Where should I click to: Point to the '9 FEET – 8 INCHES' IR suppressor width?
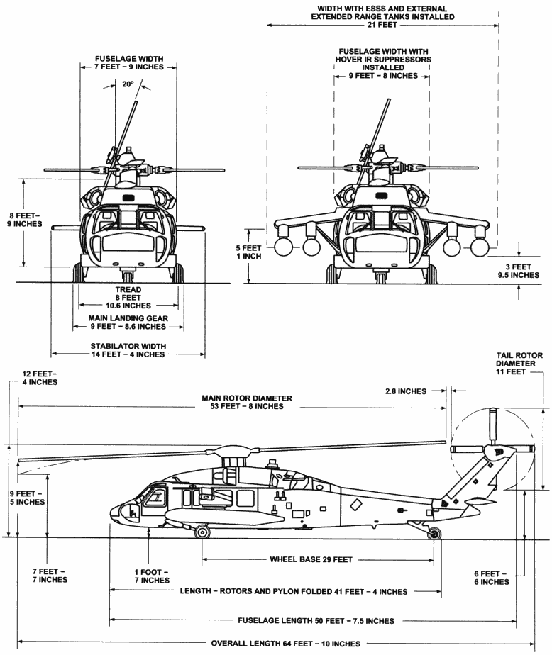380,74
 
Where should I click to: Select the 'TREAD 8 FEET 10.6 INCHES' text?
128,298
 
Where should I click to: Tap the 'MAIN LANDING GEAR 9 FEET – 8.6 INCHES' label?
128,323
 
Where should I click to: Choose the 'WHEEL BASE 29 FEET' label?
311,559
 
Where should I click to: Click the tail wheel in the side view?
434,532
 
